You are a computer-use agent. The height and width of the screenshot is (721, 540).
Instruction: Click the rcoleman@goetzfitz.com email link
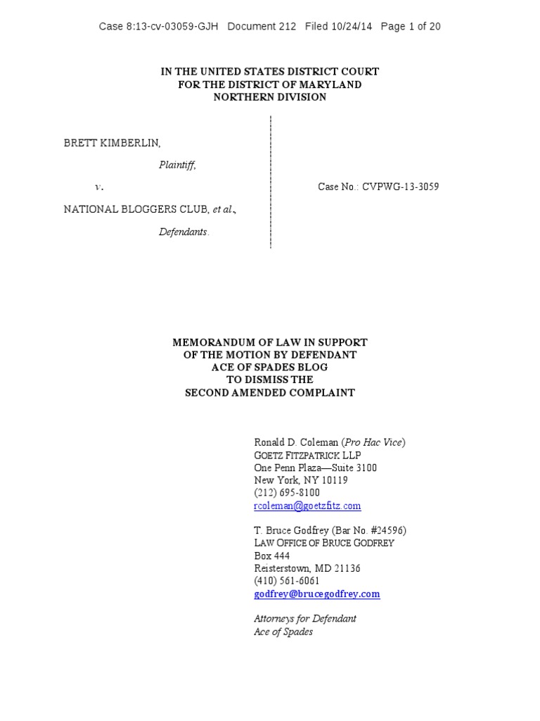(x=307, y=506)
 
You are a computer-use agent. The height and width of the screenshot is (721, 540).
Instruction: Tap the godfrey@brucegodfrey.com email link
(x=316, y=594)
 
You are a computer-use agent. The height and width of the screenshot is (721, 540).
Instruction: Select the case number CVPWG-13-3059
(x=401, y=187)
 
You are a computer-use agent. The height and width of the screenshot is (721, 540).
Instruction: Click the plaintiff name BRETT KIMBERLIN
(x=112, y=143)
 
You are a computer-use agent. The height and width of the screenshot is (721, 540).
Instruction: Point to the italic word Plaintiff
(x=177, y=165)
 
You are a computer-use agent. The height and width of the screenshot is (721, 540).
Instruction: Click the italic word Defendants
(x=184, y=232)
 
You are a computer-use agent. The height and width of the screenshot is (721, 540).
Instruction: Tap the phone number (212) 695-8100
(x=287, y=493)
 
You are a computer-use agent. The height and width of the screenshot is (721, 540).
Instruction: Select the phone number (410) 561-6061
(x=287, y=581)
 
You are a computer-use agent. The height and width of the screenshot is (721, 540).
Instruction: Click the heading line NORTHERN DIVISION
(x=270, y=97)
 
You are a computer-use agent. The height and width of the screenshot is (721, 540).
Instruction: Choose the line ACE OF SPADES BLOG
(x=270, y=367)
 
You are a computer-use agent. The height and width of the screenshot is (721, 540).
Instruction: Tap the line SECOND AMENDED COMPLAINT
(x=270, y=392)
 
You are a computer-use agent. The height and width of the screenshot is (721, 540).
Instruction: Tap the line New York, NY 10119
(x=301, y=480)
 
